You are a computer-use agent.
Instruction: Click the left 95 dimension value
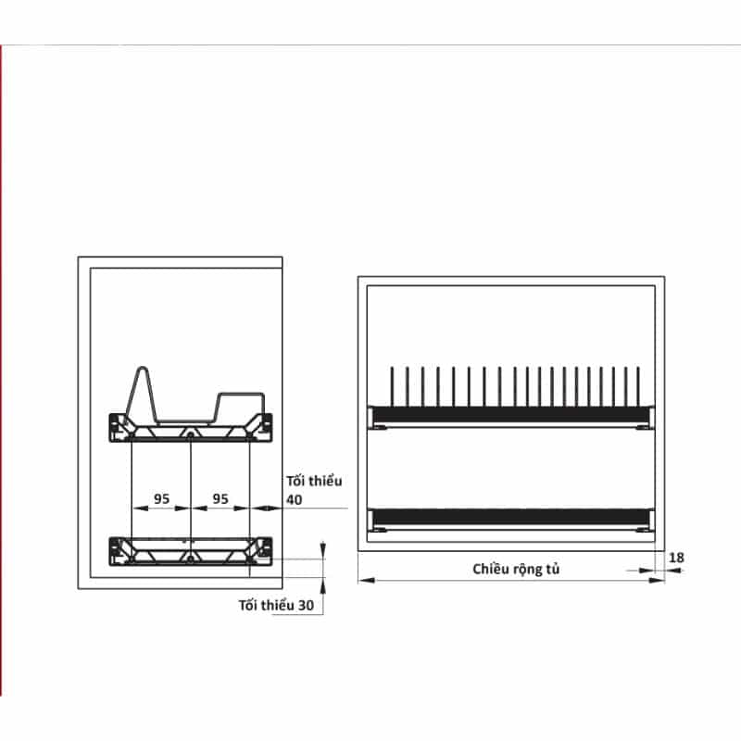pyautogui.click(x=161, y=498)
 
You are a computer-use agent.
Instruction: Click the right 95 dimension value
pyautogui.click(x=220, y=498)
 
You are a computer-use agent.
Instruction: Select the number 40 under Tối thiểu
pyautogui.click(x=294, y=499)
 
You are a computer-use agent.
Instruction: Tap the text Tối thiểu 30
pyautogui.click(x=276, y=606)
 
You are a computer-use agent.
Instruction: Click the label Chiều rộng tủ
pyautogui.click(x=516, y=569)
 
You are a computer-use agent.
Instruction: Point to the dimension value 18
pyautogui.click(x=676, y=558)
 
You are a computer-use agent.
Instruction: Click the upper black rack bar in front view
pyautogui.click(x=511, y=414)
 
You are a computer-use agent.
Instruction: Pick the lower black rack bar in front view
pyautogui.click(x=511, y=517)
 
